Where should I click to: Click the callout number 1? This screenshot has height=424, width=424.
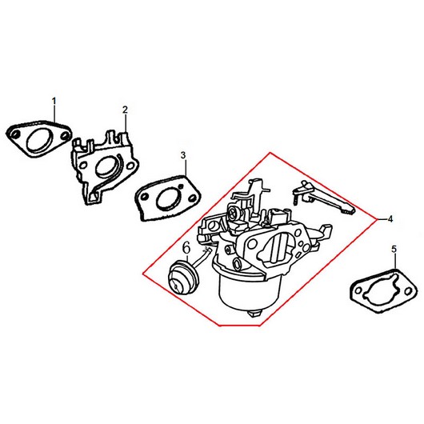pyautogui.click(x=54, y=101)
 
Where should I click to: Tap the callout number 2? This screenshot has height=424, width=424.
pyautogui.click(x=125, y=110)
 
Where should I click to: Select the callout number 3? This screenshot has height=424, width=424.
pyautogui.click(x=183, y=155)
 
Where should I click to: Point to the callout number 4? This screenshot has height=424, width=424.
pyautogui.click(x=390, y=219)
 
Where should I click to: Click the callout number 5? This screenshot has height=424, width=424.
pyautogui.click(x=394, y=249)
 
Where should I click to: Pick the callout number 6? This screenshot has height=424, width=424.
pyautogui.click(x=187, y=248)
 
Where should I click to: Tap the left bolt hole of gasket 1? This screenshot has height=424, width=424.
pyautogui.click(x=16, y=134)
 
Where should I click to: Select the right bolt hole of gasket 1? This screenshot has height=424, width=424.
pyautogui.click(x=64, y=136)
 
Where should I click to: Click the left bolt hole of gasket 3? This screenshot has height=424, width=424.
pyautogui.click(x=146, y=197)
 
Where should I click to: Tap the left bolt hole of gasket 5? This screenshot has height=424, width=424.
pyautogui.click(x=359, y=290)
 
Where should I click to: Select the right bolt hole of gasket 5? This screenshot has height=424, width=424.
pyautogui.click(x=407, y=291)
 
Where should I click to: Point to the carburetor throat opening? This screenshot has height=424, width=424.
pyautogui.click(x=276, y=246)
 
